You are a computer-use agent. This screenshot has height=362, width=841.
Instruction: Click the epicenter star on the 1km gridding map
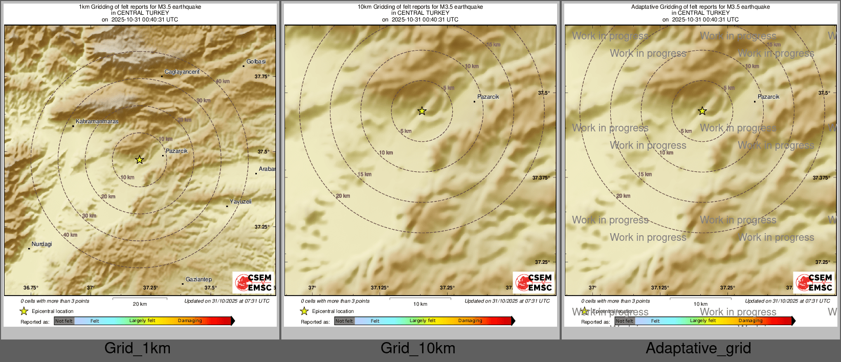[x=140, y=160]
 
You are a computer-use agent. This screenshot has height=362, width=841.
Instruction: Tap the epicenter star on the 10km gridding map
[x=422, y=111]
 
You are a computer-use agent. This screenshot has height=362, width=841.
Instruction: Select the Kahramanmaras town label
[x=97, y=122]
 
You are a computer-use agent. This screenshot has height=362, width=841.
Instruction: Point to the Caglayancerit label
[x=182, y=72]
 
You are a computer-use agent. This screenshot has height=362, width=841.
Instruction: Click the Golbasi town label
[x=256, y=62]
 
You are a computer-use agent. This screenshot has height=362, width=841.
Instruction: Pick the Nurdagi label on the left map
[x=41, y=244]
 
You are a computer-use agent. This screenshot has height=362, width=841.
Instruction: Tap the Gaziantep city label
[x=198, y=280]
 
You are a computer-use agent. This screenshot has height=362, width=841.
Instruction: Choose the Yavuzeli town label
[x=240, y=202]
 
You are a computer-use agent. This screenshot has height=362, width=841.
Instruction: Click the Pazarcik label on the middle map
[x=488, y=97]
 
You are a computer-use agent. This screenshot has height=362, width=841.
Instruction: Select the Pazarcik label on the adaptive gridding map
[x=768, y=97]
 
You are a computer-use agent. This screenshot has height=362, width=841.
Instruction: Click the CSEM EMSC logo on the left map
[x=253, y=283]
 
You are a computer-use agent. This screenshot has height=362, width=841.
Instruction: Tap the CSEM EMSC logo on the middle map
[x=534, y=283]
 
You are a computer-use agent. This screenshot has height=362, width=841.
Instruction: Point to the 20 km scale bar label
[x=140, y=304]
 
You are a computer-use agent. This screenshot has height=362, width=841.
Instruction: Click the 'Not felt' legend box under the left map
[x=64, y=321]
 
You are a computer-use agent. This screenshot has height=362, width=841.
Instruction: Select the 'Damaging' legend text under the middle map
[x=470, y=321]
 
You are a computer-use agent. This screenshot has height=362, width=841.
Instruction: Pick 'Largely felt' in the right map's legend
[x=703, y=321]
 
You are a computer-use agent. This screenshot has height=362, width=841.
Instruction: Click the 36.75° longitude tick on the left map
[x=31, y=288]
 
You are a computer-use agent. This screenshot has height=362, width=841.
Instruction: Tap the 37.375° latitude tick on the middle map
[x=541, y=178]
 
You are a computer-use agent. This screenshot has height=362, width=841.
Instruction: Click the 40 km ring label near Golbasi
[x=223, y=82]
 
